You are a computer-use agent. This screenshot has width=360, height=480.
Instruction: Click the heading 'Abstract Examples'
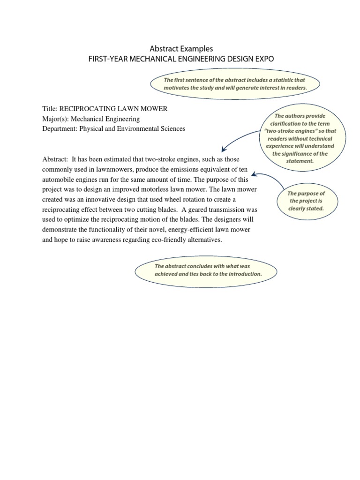[x=181, y=48]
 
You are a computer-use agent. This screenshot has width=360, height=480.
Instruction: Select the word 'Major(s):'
[x=55, y=119]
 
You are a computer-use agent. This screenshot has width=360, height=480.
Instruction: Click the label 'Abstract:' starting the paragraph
[x=55, y=159]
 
